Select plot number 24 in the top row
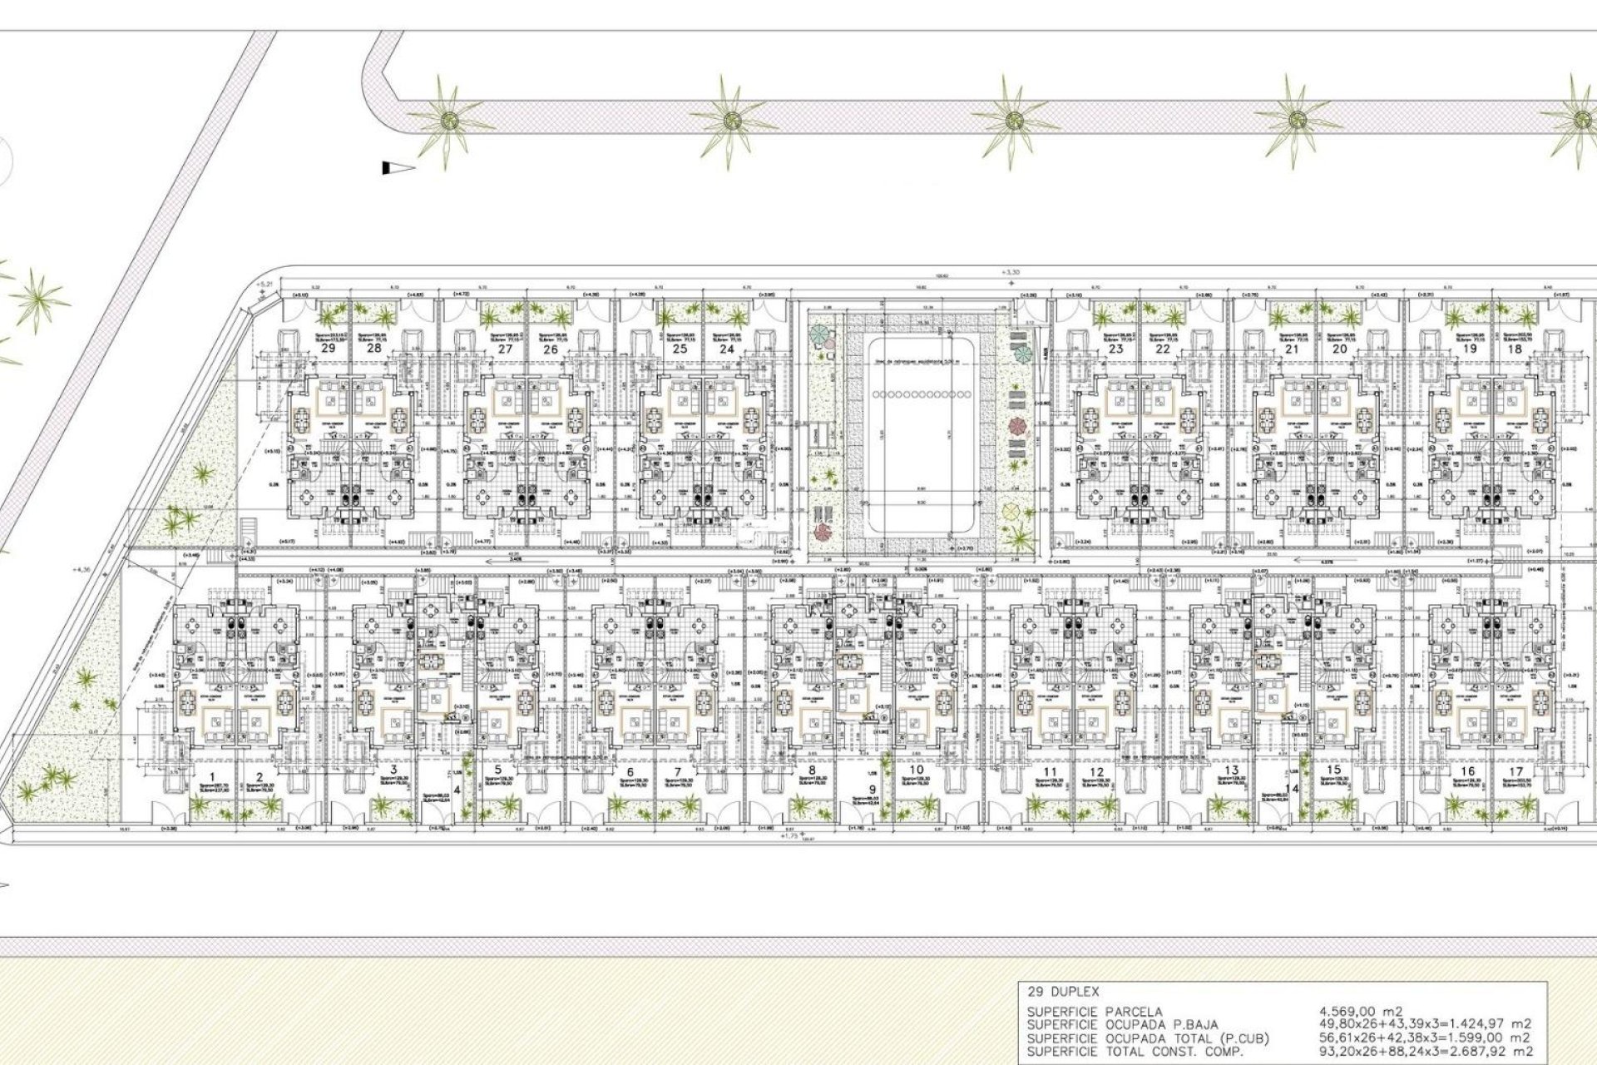pos(727,349)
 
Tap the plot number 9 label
pos(873,790)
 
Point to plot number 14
pos(1292,789)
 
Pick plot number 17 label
pos(1515,771)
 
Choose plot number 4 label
pos(457,790)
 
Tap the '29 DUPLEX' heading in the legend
pos(1064,992)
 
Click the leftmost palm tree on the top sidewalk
pos(448,119)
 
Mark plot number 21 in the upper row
pos(1292,349)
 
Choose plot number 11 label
pos(1051,771)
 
